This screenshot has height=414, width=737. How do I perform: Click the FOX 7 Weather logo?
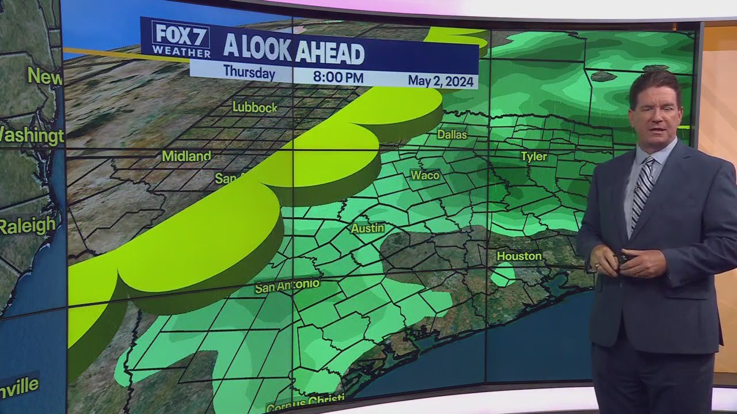181,39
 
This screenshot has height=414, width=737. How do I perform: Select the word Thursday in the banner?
249,73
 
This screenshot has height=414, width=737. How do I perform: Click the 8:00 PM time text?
338,76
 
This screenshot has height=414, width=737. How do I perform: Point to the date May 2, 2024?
440,80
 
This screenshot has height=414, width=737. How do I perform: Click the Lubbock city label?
254,107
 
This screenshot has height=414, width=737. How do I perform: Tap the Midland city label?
186,156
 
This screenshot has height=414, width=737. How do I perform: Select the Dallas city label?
451,135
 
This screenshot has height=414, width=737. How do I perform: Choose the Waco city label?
425,175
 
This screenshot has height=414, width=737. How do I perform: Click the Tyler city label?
534,156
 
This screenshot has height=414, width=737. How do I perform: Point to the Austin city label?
367,228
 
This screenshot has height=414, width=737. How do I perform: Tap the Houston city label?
519,256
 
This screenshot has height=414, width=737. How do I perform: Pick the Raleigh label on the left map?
27,225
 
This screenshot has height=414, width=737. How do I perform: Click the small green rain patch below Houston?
503,274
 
